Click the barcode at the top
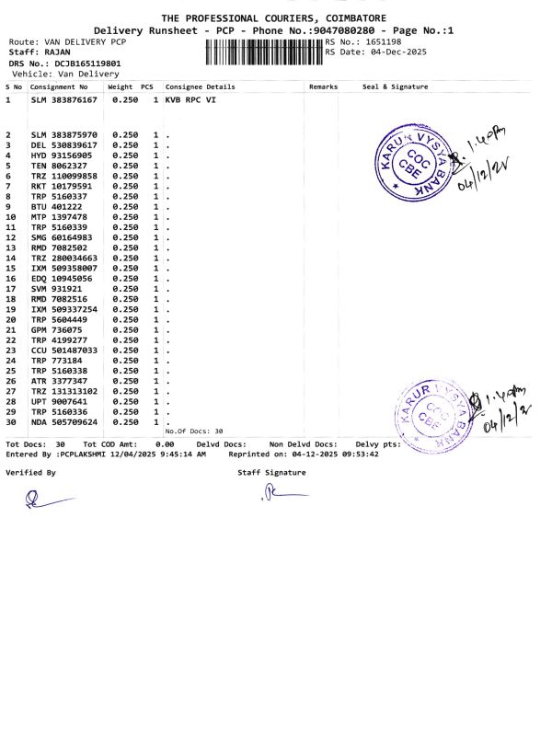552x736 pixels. [x=259, y=52]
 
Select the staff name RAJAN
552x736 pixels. [x=57, y=52]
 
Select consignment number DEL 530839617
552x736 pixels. [x=64, y=145]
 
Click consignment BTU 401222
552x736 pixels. [x=57, y=207]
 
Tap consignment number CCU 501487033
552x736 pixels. [x=64, y=351]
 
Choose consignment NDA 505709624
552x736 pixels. [x=64, y=422]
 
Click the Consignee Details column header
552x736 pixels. [x=200, y=87]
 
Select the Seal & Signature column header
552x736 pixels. [x=395, y=87]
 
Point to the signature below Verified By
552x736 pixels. [x=46, y=500]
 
